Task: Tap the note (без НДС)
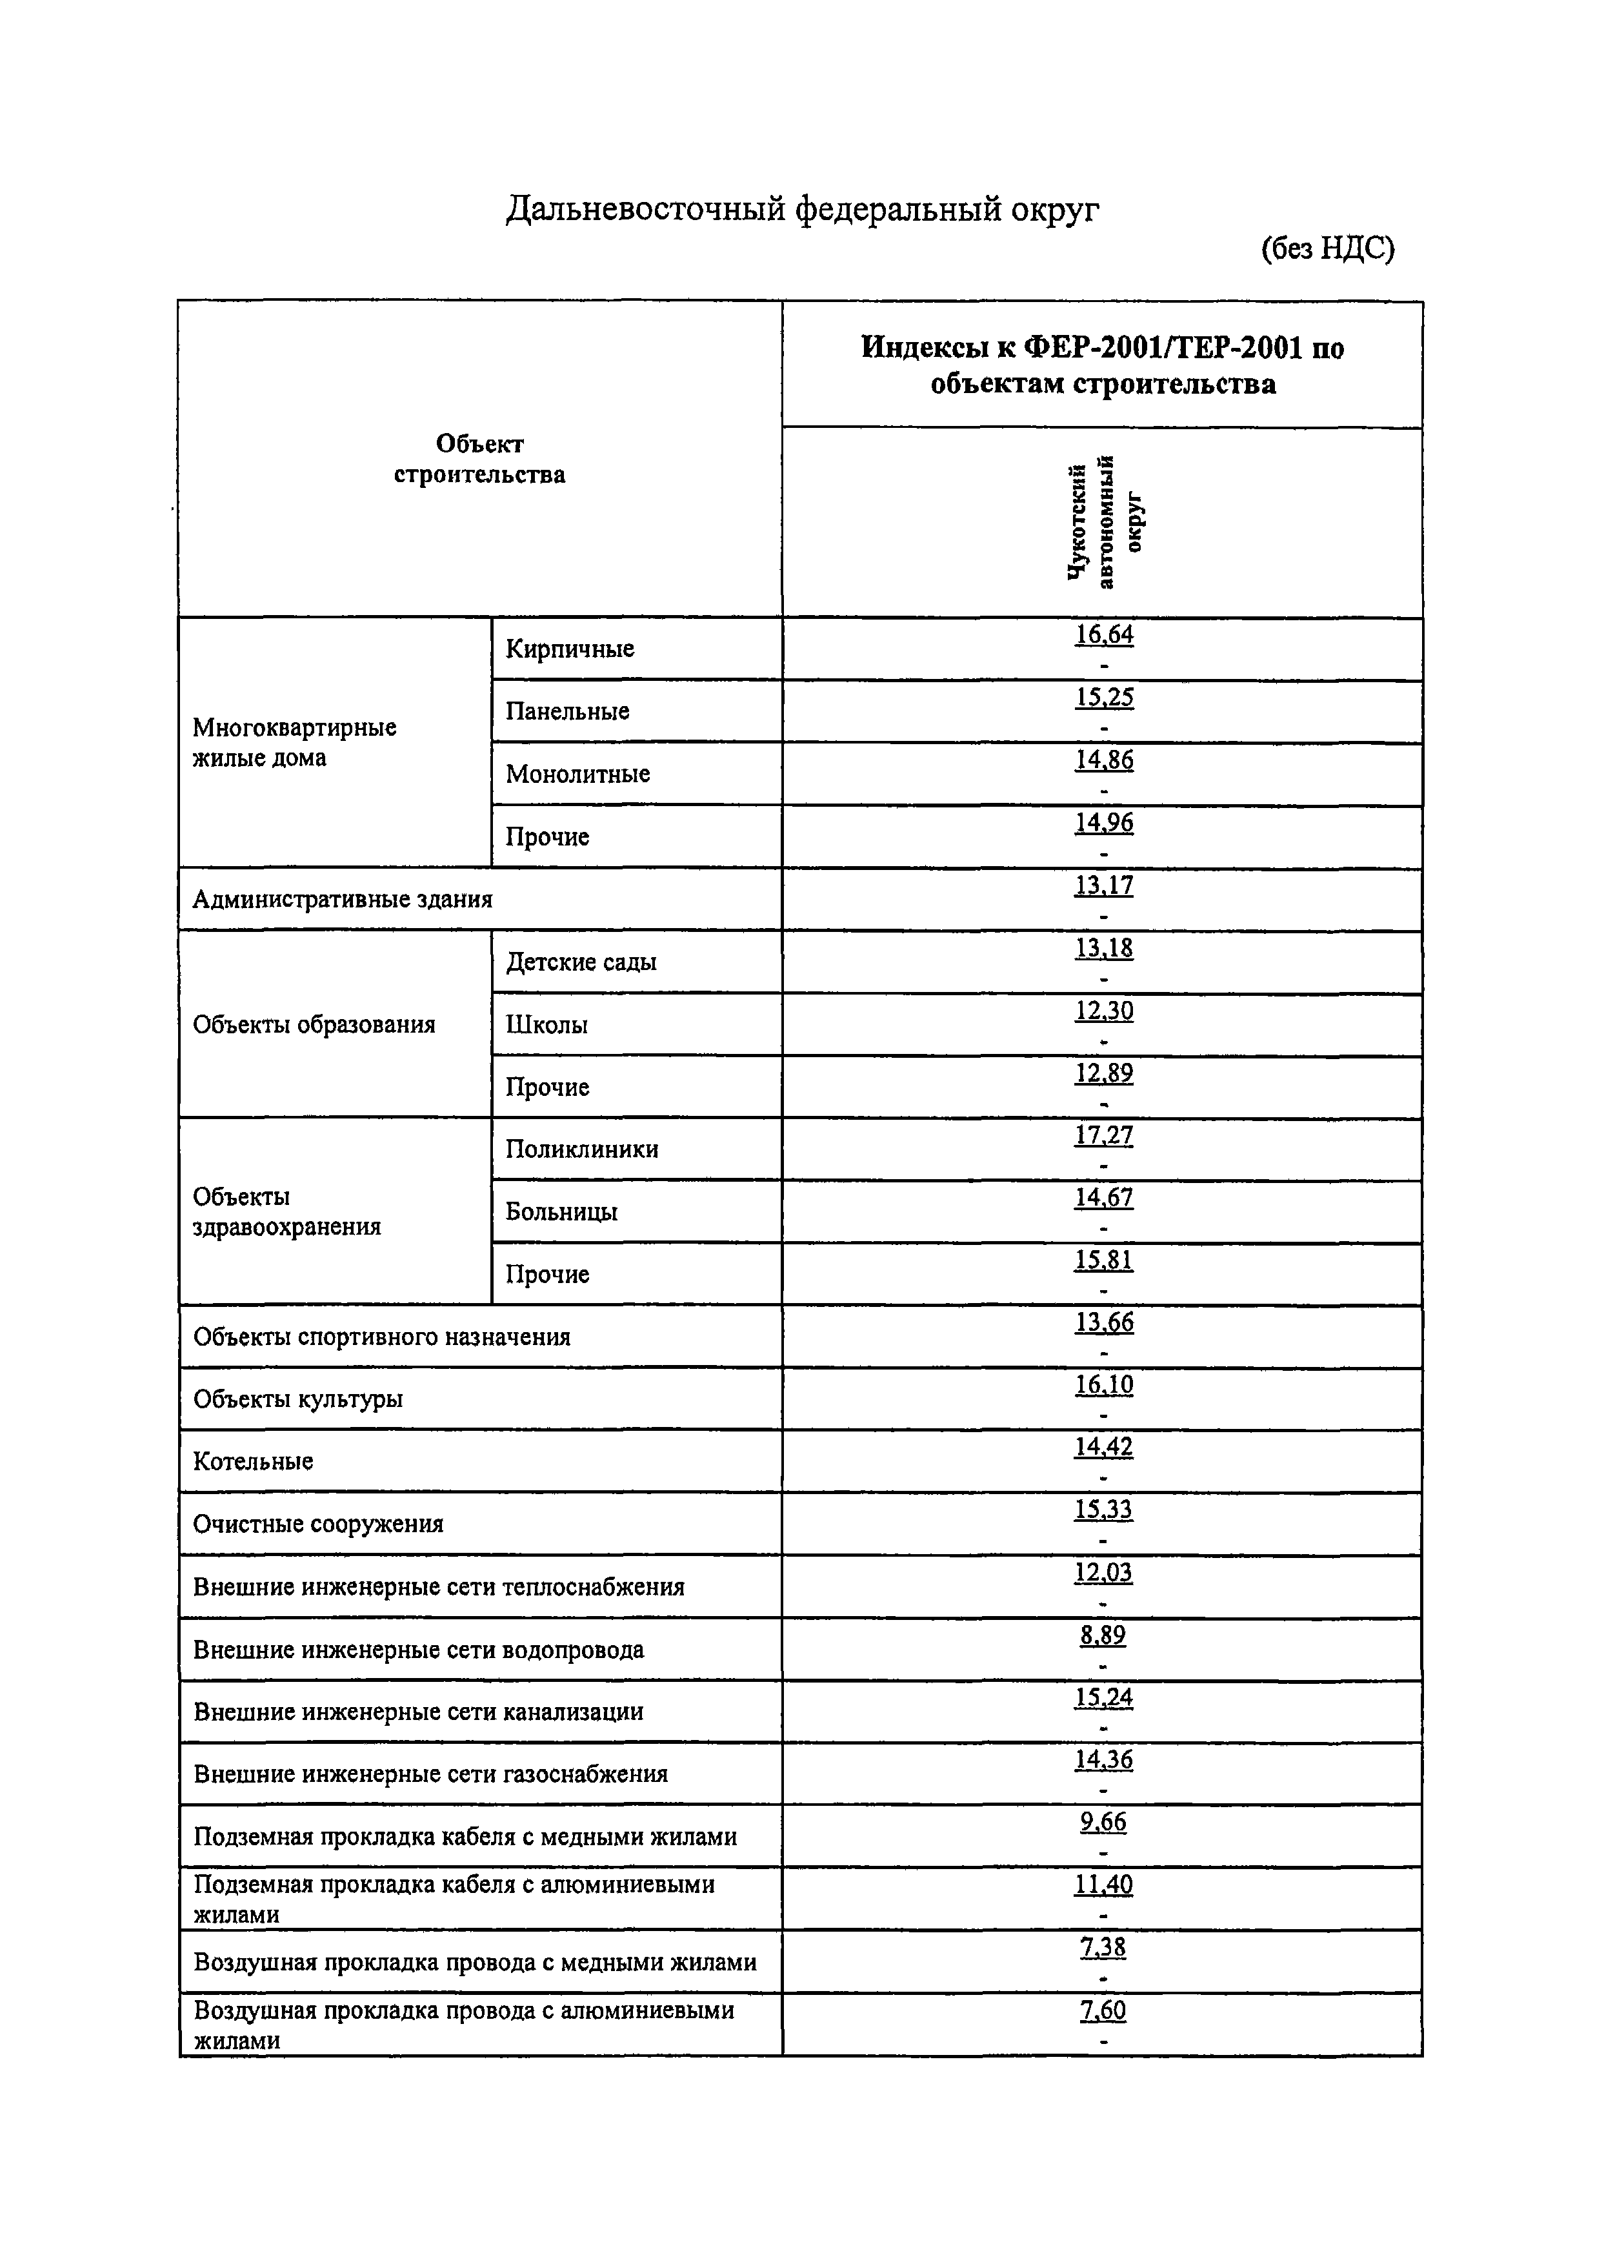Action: (1327, 249)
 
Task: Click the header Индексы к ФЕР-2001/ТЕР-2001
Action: (1102, 365)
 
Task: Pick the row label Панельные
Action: (567, 711)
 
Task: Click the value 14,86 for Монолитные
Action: (1103, 760)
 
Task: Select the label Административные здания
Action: (342, 899)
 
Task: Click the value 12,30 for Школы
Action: (1103, 1011)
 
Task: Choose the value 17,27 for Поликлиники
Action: (1103, 1135)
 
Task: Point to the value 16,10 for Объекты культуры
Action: (1103, 1385)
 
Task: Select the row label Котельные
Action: (253, 1461)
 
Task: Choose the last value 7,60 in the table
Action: (1102, 2010)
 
